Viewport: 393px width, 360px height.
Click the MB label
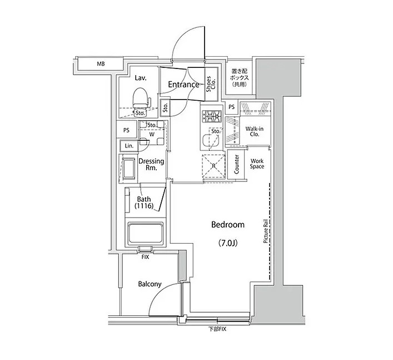point(101,64)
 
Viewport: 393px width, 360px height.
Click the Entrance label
point(183,85)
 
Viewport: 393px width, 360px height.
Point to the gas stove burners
point(212,116)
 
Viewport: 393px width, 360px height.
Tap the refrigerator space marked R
point(213,166)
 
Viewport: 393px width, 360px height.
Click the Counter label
point(236,164)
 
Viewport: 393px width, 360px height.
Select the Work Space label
point(257,164)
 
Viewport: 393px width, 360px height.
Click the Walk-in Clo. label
point(255,131)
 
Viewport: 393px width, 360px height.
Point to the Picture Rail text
point(266,231)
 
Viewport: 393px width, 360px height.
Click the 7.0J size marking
point(227,243)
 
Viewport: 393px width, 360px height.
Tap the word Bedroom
point(228,225)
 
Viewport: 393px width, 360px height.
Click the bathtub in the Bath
point(146,233)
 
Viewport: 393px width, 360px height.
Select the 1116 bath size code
point(144,206)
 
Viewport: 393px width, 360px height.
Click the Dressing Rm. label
point(151,164)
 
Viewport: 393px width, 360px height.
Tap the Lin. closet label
point(129,146)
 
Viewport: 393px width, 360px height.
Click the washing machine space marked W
point(152,135)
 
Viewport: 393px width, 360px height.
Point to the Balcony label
point(150,284)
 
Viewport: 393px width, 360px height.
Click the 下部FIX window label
point(217,329)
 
